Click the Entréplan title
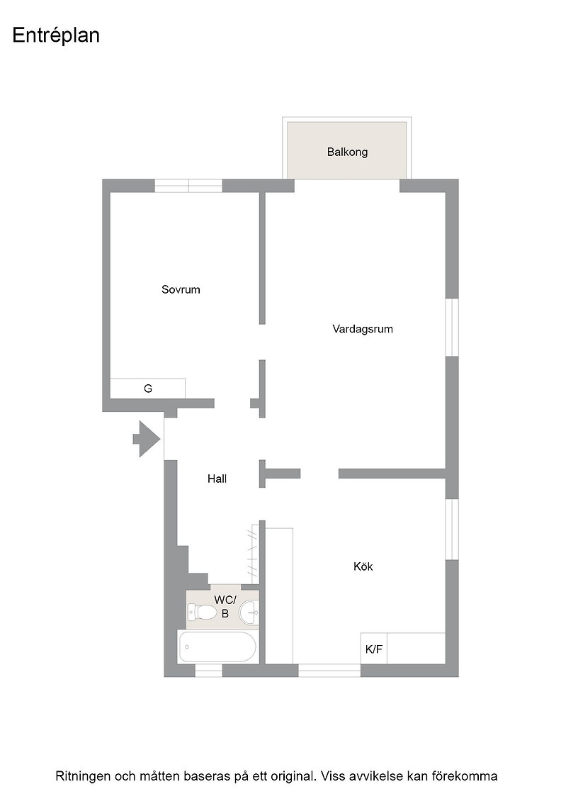point(56,35)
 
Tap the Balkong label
point(347,152)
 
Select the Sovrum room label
point(181,290)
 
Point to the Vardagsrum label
point(362,329)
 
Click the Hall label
point(217,479)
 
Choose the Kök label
point(363,566)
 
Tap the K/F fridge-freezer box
point(374,648)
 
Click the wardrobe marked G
point(148,388)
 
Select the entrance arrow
point(147,439)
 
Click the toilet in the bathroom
point(203,613)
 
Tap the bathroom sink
point(249,613)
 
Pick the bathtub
point(217,647)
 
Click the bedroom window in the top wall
point(188,186)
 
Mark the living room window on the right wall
point(452,327)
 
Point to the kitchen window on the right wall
point(452,529)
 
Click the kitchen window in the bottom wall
point(329,671)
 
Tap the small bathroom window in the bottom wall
point(209,671)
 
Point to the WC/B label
point(225,607)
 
